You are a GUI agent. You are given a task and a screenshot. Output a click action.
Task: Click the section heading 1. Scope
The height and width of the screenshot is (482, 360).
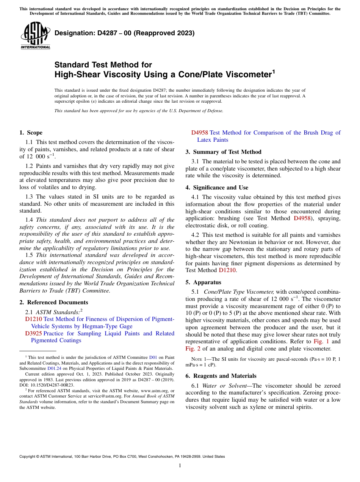click(31, 133)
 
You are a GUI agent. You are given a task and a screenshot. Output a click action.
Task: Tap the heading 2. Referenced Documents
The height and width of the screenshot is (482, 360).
click(53, 302)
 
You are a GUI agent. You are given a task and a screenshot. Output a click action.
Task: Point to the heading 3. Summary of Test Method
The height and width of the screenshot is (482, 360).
click(223, 152)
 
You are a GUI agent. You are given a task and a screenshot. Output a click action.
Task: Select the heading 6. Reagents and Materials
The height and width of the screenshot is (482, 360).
click(221, 376)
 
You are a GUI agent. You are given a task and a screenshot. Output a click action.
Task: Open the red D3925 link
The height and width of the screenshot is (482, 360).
click(33, 333)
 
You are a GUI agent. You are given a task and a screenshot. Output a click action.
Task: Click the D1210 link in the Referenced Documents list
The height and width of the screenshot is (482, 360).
click(33, 319)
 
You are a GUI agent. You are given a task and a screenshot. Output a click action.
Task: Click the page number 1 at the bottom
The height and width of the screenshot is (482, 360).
click(180, 466)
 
